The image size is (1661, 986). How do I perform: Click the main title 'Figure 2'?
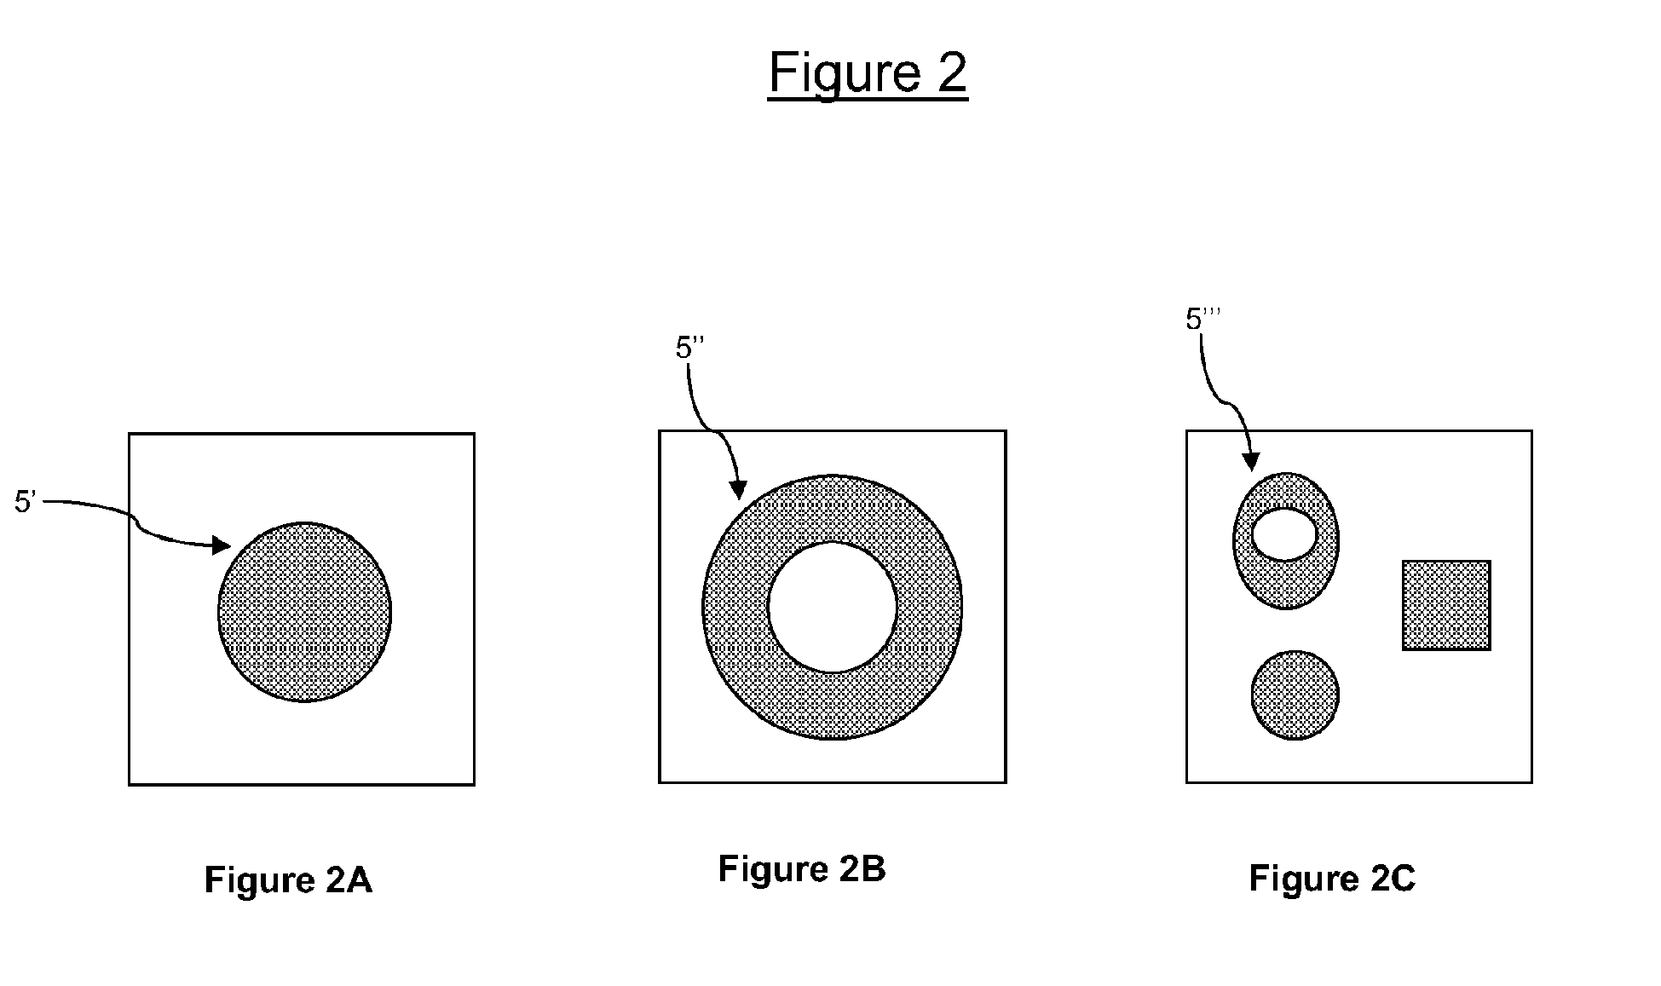(x=868, y=73)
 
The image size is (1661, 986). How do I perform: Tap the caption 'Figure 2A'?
(x=288, y=879)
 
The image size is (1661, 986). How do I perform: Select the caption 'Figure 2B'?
(x=802, y=868)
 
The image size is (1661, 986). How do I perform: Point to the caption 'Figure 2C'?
(x=1332, y=878)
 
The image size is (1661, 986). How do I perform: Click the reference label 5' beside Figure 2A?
(x=24, y=502)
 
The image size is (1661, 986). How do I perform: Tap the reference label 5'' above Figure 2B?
(x=689, y=348)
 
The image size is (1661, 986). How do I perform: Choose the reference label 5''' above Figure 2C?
(x=1202, y=319)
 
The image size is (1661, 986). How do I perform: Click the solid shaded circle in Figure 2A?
(x=304, y=612)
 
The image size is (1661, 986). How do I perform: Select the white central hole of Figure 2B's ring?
(x=832, y=607)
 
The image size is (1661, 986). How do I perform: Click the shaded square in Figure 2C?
(x=1446, y=605)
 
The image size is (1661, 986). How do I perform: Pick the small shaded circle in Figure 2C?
(x=1295, y=695)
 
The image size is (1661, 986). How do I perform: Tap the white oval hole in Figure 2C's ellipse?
(x=1284, y=534)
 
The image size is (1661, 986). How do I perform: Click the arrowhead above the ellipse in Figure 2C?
(x=1250, y=461)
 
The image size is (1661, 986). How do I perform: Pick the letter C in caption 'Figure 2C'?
(x=1403, y=878)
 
